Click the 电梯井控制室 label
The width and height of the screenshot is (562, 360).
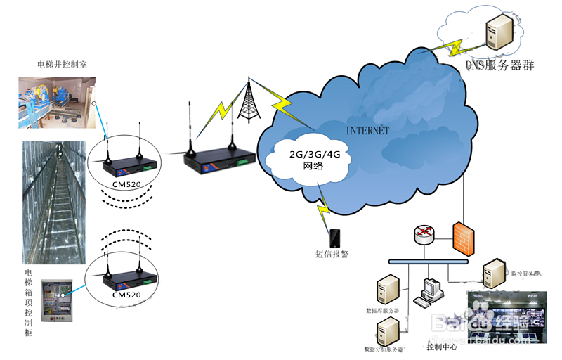click(62, 65)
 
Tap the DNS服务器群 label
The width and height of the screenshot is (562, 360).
click(500, 65)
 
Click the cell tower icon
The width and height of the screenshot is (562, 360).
click(247, 103)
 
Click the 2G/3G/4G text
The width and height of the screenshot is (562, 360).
click(309, 156)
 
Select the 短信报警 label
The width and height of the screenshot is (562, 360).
click(332, 254)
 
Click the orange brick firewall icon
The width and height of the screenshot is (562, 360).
click(462, 238)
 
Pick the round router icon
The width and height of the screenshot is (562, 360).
click(424, 235)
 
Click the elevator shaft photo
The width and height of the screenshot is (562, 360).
click(52, 202)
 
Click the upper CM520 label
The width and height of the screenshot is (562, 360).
click(126, 184)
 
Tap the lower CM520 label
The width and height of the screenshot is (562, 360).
click(126, 295)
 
